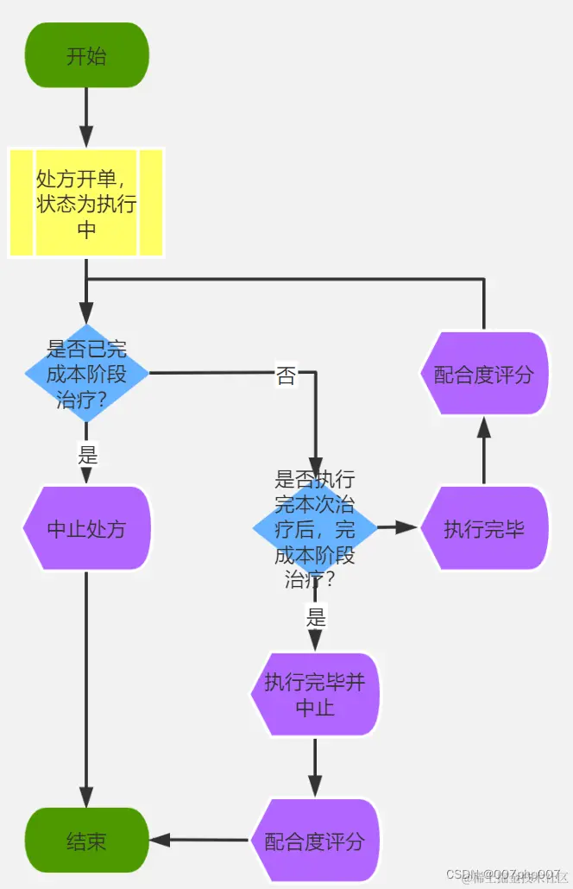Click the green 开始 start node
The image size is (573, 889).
[86, 55]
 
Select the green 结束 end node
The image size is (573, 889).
[86, 841]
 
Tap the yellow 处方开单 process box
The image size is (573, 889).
[86, 202]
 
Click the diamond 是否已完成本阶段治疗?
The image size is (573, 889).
[86, 374]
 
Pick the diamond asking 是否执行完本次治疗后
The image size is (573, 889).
[315, 528]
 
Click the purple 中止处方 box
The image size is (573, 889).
[86, 528]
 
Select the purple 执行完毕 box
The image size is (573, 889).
[484, 528]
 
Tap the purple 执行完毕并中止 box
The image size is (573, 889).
[315, 695]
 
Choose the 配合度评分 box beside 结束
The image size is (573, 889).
[315, 841]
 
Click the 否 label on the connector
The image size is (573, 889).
[286, 375]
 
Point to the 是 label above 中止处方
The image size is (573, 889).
[87, 453]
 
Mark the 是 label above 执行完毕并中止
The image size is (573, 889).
[316, 617]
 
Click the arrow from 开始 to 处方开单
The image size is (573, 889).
[86, 117]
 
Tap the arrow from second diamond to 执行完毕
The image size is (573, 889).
[398, 526]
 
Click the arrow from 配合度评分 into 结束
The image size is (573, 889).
[200, 840]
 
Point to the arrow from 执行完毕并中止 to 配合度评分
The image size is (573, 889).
[315, 767]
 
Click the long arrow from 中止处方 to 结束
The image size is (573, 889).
[86, 690]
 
